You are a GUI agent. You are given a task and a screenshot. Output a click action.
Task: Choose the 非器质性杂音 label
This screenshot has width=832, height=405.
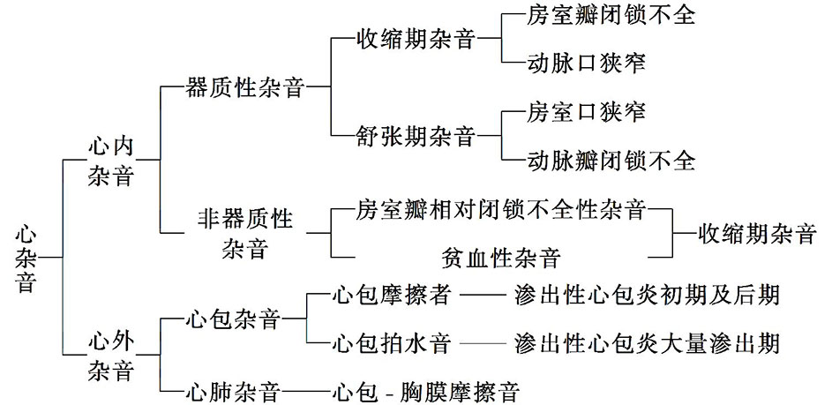(245, 232)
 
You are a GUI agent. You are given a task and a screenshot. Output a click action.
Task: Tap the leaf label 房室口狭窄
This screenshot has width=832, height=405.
(586, 112)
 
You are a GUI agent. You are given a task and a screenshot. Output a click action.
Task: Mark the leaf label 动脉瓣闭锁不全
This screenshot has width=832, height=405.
(611, 161)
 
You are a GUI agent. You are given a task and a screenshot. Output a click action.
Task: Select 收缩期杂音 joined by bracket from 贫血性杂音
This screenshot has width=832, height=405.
(756, 234)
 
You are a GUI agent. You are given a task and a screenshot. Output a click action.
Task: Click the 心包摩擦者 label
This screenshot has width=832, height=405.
(392, 293)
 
